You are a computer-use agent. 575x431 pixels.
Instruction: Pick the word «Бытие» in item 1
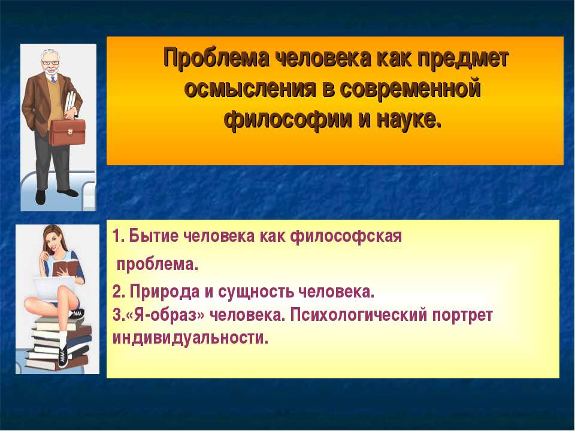(x=144, y=237)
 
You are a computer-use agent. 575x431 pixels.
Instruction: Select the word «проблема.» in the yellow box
(x=157, y=264)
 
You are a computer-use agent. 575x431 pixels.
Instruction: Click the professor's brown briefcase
(x=66, y=132)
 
